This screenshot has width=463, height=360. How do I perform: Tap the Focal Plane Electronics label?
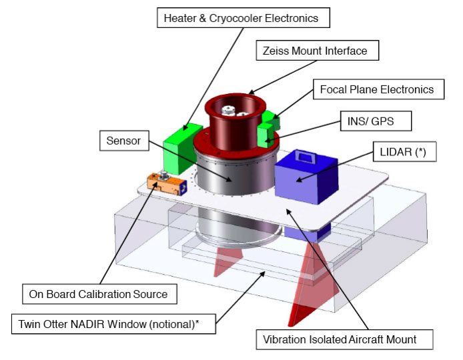[377, 89]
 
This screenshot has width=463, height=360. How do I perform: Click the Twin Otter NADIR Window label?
[113, 325]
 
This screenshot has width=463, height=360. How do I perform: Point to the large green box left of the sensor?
[183, 141]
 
